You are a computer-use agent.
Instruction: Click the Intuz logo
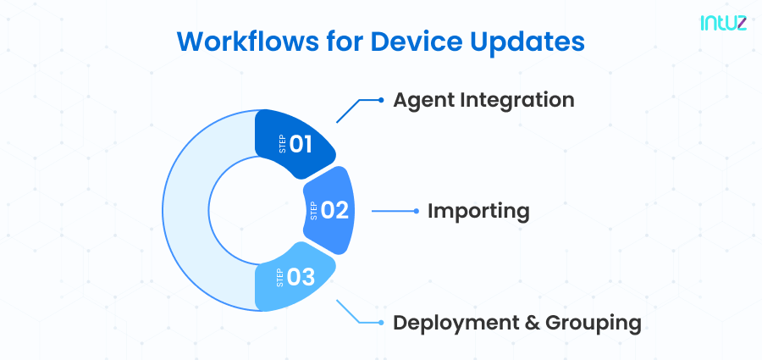722,24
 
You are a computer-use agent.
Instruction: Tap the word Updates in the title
534,42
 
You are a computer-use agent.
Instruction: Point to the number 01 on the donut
301,144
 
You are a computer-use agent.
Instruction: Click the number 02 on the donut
335,210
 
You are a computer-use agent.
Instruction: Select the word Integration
522,100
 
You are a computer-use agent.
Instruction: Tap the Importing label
478,210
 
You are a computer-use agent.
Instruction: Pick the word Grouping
592,323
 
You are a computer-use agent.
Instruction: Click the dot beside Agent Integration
380,100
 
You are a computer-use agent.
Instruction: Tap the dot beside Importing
415,210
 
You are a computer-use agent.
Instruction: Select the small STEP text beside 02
314,211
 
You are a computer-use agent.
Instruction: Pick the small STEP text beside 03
281,277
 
